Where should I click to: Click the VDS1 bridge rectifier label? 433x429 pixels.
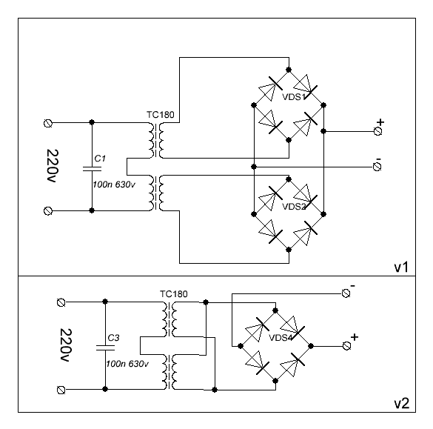[x=294, y=97]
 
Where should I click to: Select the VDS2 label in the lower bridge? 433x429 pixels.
[x=294, y=207]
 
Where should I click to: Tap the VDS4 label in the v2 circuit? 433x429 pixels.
[x=281, y=338]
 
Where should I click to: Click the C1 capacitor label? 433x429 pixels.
[x=100, y=159]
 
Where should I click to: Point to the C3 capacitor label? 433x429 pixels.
[x=113, y=338]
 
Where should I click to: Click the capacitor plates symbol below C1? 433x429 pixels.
[x=92, y=169]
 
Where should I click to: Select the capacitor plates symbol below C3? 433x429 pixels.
[x=105, y=347]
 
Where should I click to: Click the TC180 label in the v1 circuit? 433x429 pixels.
[x=161, y=114]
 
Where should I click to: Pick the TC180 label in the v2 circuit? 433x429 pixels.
[x=174, y=294]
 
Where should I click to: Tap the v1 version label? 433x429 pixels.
[x=401, y=267]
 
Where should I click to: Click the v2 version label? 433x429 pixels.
[x=401, y=403]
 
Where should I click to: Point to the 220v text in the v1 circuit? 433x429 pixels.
[x=53, y=166]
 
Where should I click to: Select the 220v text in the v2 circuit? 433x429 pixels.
[x=65, y=345]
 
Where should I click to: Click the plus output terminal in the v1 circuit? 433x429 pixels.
[x=377, y=131]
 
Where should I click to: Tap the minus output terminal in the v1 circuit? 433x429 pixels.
[x=377, y=167]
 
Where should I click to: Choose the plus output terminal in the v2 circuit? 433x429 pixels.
[x=346, y=346]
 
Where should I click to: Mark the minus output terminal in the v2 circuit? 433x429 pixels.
[x=346, y=293]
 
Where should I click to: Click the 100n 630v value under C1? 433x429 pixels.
[x=114, y=184]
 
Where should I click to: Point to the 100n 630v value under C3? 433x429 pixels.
[x=127, y=364]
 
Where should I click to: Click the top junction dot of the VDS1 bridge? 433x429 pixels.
[x=289, y=70]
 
